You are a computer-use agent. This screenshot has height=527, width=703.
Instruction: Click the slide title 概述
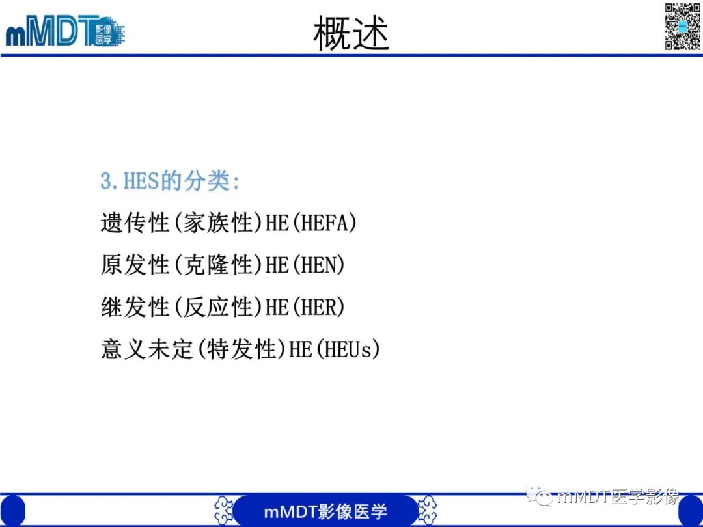tap(351, 34)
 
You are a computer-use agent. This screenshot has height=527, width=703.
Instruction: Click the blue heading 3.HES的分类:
tap(170, 181)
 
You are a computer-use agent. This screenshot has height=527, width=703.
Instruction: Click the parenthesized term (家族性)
tap(217, 223)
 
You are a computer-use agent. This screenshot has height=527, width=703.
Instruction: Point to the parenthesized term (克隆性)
tap(217, 265)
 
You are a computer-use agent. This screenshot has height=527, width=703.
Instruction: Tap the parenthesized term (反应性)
tap(217, 307)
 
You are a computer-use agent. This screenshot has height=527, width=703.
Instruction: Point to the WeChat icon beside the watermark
tap(539, 497)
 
